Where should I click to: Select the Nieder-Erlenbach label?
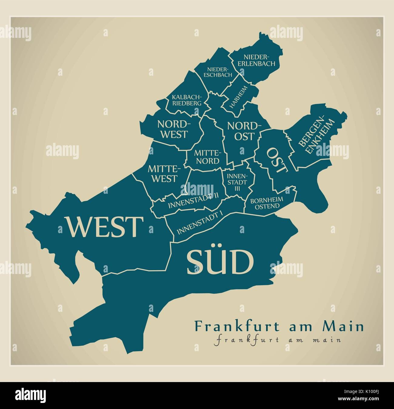click(259, 60)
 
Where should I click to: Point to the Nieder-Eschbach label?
click(218, 72)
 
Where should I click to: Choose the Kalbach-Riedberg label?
click(187, 100)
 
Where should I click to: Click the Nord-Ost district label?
click(244, 130)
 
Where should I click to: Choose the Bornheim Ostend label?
click(267, 203)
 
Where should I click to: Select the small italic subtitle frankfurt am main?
click(277, 339)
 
